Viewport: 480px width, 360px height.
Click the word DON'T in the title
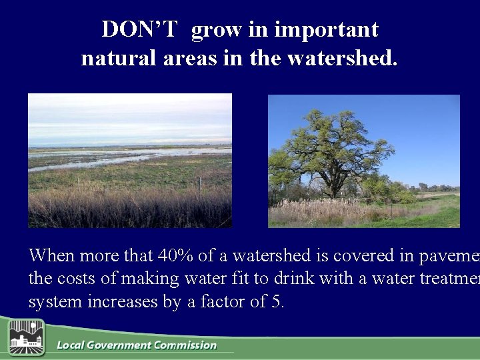click(139, 29)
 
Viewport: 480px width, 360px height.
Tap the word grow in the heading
click(217, 29)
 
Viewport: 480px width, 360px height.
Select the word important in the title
click(326, 29)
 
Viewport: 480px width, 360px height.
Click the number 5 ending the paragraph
click(277, 301)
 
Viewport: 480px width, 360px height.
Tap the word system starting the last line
click(51, 301)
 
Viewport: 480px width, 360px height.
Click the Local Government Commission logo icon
click(26, 337)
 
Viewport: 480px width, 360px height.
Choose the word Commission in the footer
click(185, 345)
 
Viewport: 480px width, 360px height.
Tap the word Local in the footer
click(70, 345)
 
